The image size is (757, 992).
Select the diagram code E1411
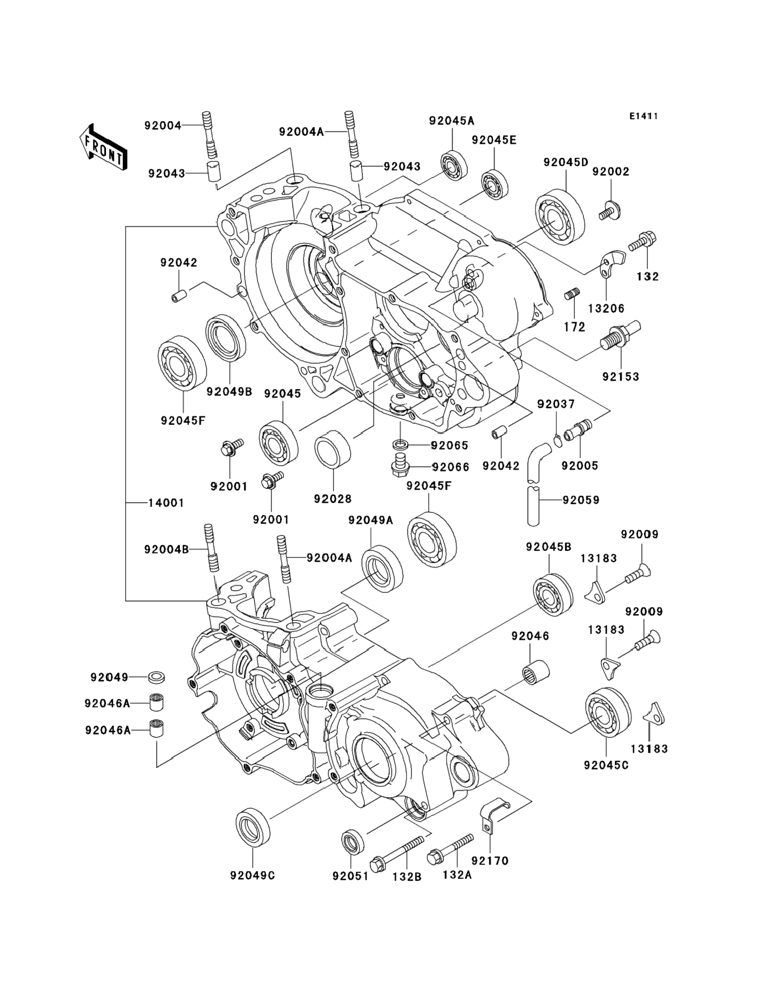pyautogui.click(x=643, y=116)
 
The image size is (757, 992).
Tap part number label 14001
pyautogui.click(x=166, y=503)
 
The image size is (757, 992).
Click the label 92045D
pyautogui.click(x=566, y=163)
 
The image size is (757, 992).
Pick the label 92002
pyautogui.click(x=611, y=172)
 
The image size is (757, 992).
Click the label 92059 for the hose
pyautogui.click(x=581, y=500)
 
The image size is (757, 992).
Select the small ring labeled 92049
pyautogui.click(x=156, y=677)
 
